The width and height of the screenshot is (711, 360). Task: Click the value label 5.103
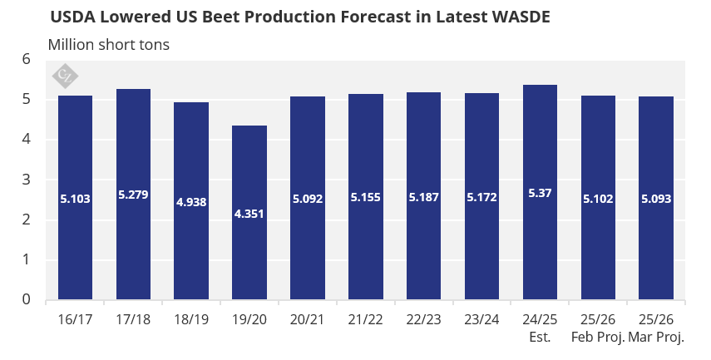(75, 199)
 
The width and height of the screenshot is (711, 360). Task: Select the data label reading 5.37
(540, 193)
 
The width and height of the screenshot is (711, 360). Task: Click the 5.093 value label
(656, 199)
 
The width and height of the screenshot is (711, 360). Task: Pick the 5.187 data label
(424, 199)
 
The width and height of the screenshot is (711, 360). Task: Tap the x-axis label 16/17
(75, 320)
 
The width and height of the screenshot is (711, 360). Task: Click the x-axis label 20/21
(308, 320)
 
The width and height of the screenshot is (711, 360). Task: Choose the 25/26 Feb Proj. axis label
(598, 328)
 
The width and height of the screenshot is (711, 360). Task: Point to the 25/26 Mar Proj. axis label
(656, 328)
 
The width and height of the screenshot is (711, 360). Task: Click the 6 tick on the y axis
(26, 60)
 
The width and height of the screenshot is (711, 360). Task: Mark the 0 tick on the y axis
(26, 299)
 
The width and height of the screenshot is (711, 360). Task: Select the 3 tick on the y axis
(26, 180)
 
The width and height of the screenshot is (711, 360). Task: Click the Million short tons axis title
(109, 45)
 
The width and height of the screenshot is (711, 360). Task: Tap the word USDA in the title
(70, 17)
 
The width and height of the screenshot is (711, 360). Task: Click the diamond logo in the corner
(64, 76)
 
